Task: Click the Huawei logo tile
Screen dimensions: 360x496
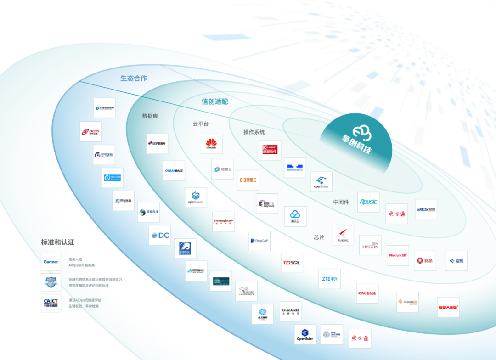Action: [212, 144]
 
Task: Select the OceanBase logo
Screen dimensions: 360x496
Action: [174, 171]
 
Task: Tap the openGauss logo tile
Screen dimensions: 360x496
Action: [196, 197]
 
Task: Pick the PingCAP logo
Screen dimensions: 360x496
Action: [259, 241]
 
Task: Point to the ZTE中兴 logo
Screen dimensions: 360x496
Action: [330, 279]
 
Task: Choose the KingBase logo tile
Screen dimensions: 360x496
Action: [367, 293]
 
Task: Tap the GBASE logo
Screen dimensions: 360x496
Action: [448, 307]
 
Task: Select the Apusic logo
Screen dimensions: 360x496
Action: [368, 202]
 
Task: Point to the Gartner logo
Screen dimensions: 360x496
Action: [51, 262]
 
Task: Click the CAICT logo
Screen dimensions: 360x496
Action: [51, 303]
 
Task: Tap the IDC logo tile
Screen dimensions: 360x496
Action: [160, 235]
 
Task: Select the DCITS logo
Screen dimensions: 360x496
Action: [90, 132]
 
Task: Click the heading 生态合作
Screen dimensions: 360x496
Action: [134, 78]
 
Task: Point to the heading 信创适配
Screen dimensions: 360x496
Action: [214, 101]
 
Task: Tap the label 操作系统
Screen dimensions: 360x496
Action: [254, 132]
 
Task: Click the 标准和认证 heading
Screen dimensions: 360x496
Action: [57, 242]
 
